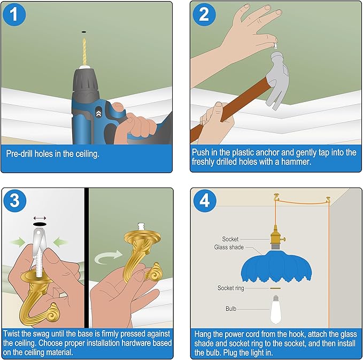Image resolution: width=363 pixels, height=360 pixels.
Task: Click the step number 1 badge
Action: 14,14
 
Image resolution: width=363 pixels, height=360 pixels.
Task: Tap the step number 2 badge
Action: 204,14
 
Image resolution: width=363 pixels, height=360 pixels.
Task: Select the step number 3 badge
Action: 14,200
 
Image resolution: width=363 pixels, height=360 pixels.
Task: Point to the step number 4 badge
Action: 205,200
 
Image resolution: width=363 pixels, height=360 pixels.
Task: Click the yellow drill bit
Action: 84,52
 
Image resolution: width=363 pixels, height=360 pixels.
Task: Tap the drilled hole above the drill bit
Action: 84,32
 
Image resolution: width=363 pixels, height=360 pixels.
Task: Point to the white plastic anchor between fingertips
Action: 275,45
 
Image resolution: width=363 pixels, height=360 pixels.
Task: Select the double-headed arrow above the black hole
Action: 40,218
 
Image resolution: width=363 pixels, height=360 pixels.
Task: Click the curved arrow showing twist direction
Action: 108,257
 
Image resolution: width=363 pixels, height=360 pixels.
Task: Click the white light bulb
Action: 275,310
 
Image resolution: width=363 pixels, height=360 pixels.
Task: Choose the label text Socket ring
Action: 231,288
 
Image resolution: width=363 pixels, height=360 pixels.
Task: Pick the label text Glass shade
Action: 229,247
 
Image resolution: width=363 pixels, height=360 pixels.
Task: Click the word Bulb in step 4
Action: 231,309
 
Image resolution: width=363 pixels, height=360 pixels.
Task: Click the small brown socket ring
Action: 275,288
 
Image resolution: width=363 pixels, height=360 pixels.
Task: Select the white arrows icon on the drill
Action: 98,113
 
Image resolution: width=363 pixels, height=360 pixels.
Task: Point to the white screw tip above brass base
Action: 141,226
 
